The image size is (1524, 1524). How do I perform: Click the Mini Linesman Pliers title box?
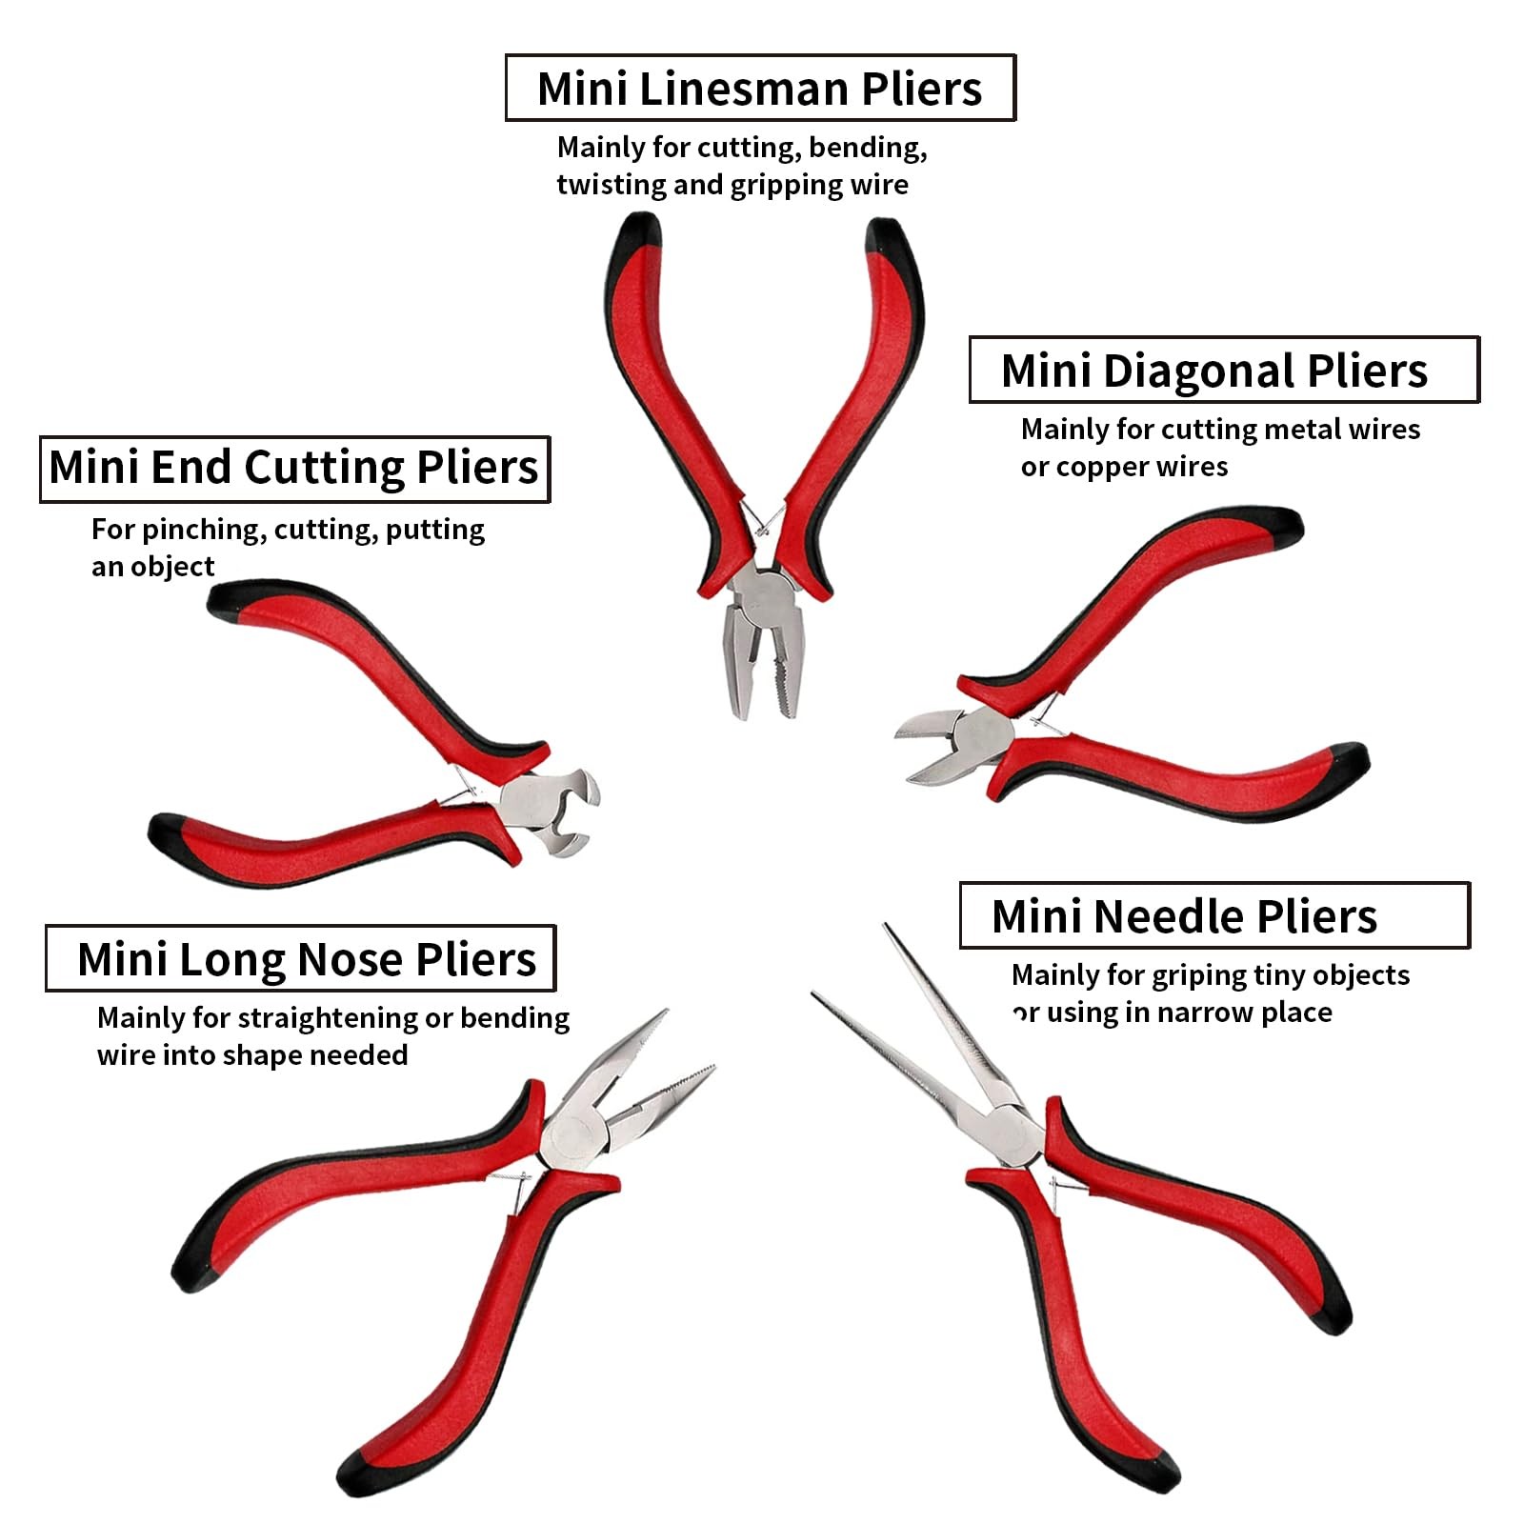[x=760, y=88]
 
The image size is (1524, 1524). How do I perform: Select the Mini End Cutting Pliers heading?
[x=293, y=468]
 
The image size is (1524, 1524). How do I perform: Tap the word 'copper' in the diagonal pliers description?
[x=1093, y=468]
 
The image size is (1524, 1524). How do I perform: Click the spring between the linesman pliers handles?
[x=761, y=522]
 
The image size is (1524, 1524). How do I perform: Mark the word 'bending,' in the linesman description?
[x=868, y=148]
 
